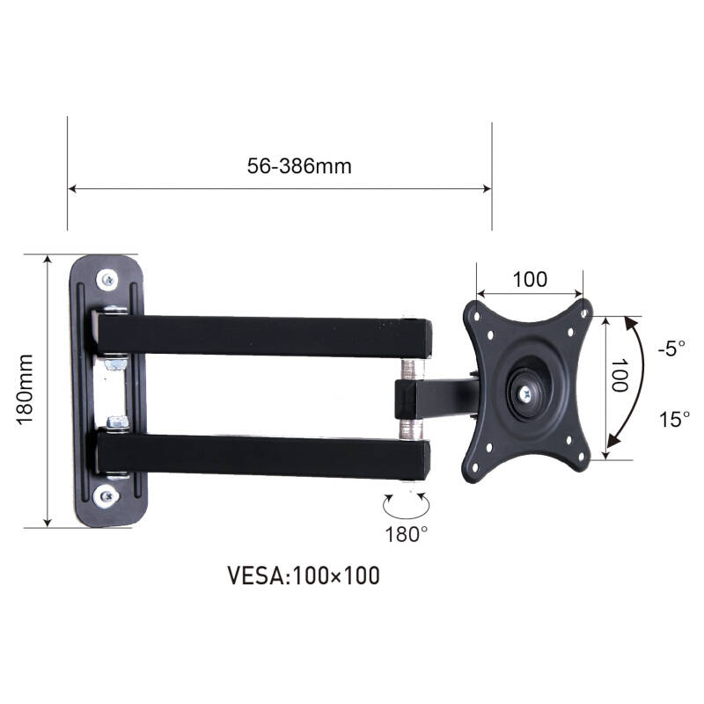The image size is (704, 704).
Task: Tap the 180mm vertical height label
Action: (26, 390)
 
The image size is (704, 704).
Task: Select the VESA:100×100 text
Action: (304, 576)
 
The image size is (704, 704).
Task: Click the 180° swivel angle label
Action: (406, 532)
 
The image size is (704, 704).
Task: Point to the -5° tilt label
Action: (671, 348)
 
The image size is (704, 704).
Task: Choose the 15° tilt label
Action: (674, 420)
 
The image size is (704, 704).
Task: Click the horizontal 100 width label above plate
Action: (529, 280)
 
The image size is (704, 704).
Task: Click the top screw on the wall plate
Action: (107, 280)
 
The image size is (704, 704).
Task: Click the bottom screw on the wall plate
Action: (107, 496)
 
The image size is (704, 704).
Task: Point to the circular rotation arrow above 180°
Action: (406, 504)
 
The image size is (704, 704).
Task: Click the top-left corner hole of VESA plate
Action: (476, 312)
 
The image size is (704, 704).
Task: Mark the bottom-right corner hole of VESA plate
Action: (582, 466)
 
